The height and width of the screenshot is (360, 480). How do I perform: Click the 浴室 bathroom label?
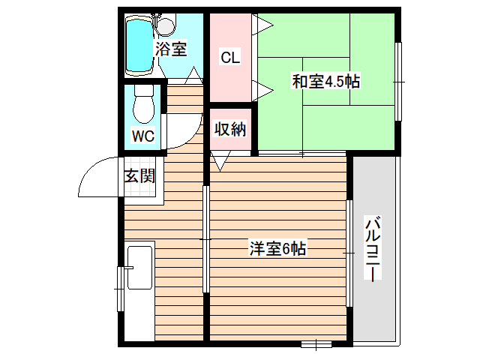[171, 50]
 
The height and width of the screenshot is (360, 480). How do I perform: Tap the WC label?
[142, 136]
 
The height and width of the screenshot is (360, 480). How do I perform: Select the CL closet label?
[230, 57]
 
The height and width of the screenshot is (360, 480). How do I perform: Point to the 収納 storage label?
[230, 129]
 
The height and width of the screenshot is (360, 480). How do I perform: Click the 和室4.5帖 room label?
[325, 81]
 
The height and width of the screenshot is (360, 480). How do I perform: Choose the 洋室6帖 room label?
[277, 249]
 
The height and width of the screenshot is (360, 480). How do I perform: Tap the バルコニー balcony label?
[373, 247]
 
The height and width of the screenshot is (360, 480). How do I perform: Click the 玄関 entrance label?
[139, 177]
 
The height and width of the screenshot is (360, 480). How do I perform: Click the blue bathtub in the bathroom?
[139, 46]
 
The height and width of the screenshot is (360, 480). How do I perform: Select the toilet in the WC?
[142, 105]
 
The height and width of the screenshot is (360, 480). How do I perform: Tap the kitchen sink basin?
[140, 268]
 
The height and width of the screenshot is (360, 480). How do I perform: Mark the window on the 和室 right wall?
[399, 81]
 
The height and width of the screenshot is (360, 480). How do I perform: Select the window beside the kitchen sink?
[119, 287]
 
